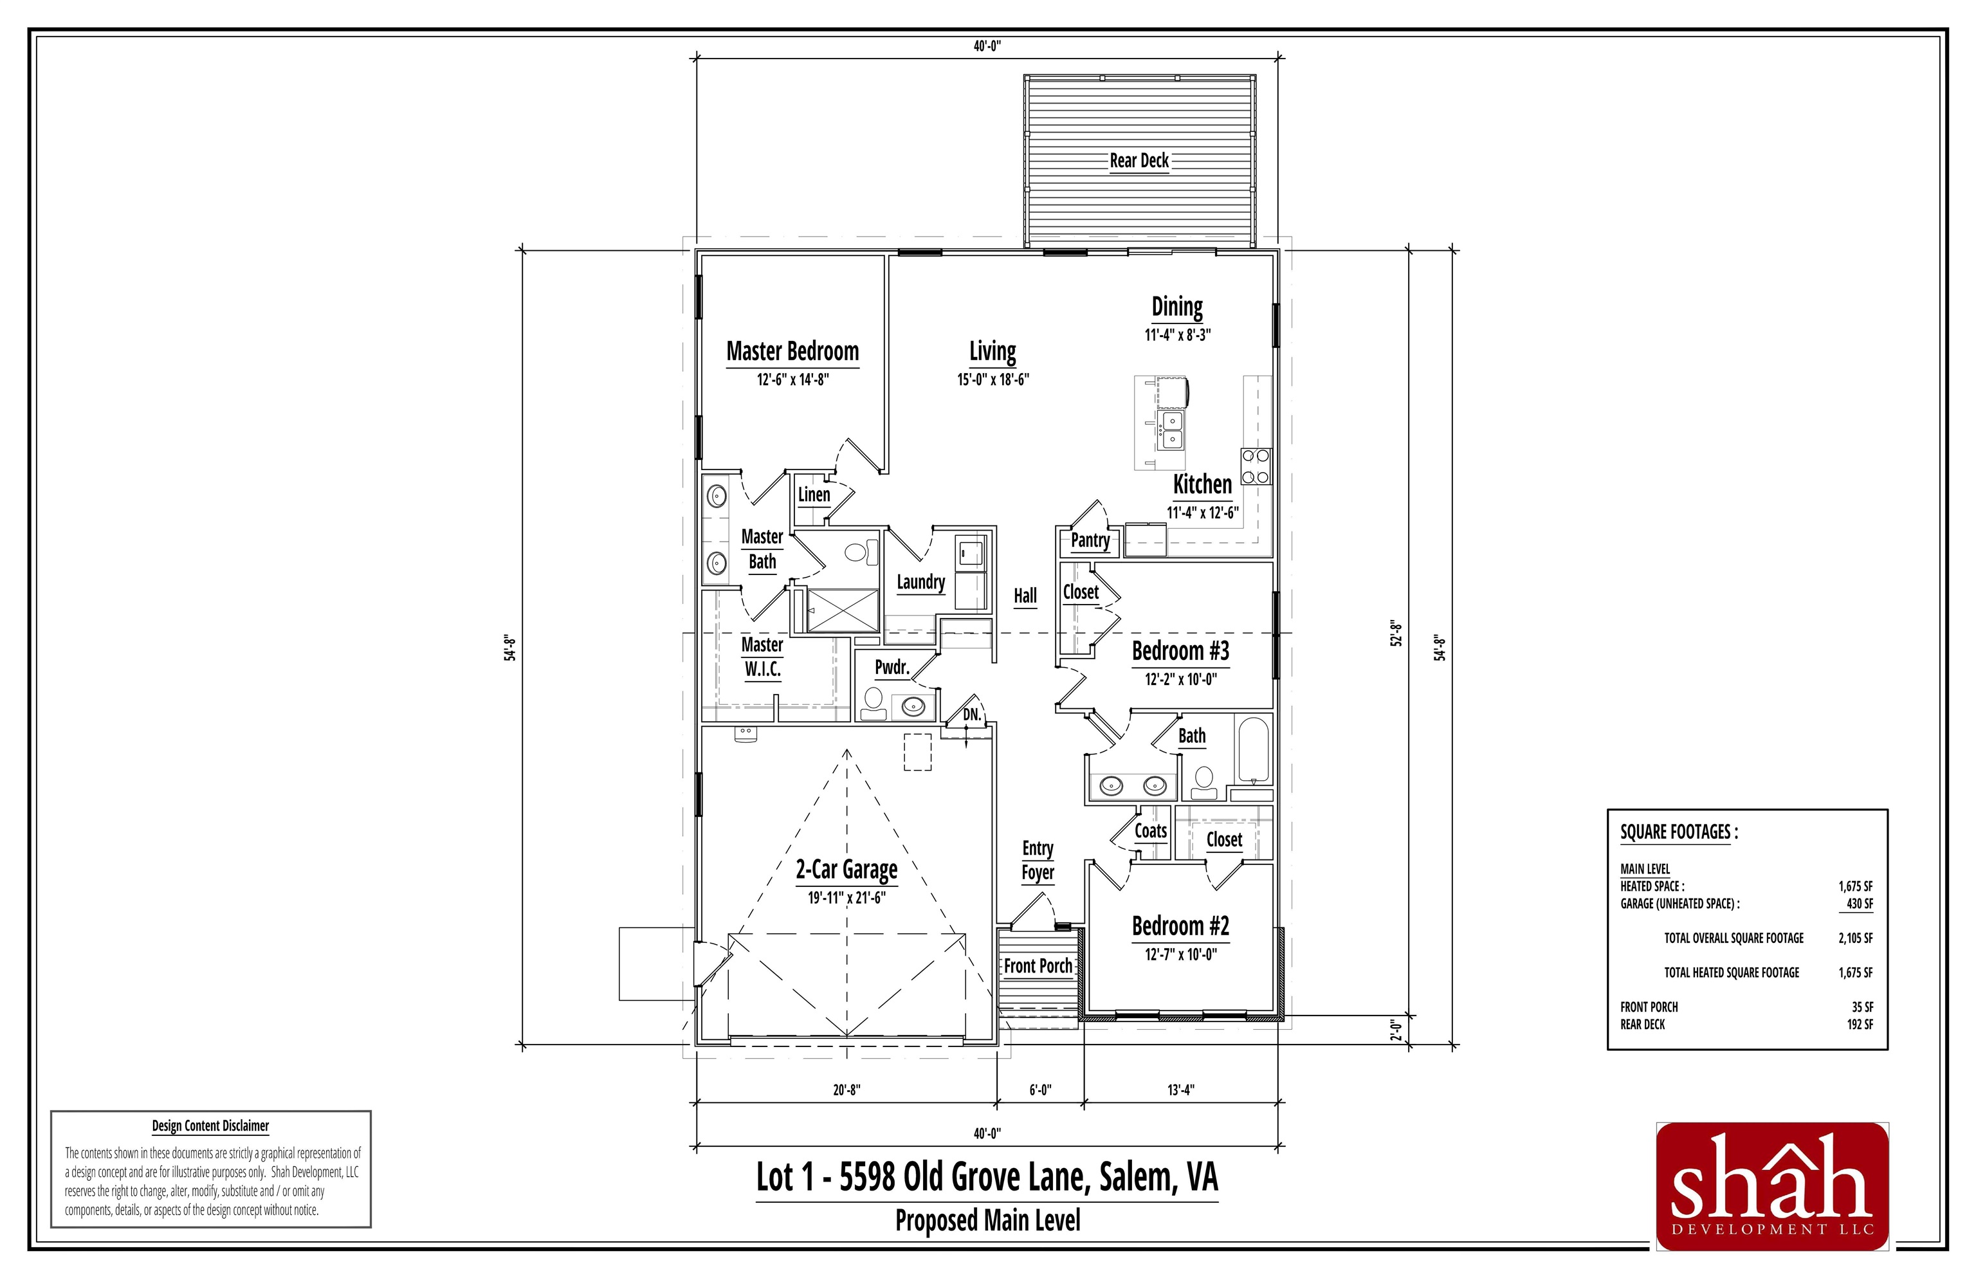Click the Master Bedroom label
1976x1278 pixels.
click(x=792, y=352)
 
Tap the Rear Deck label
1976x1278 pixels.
click(x=1139, y=161)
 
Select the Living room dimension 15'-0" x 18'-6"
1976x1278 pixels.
click(x=993, y=380)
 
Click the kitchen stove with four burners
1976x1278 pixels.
click(x=1255, y=466)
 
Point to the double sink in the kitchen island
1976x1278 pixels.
click(x=1172, y=429)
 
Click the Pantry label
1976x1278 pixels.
click(x=1090, y=540)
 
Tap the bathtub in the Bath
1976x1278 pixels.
click(x=1252, y=750)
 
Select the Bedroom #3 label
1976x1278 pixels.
click(x=1180, y=652)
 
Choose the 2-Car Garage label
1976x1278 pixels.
click(x=846, y=870)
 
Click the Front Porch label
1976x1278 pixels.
click(x=1038, y=966)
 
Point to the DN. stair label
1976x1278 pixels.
click(x=972, y=715)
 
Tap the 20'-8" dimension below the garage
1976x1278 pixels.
click(x=846, y=1090)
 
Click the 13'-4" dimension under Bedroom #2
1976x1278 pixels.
click(x=1180, y=1090)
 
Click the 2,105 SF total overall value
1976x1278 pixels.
click(x=1855, y=938)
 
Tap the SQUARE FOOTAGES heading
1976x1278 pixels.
click(x=1678, y=832)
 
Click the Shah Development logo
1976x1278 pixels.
click(x=1772, y=1187)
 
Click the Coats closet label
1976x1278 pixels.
click(x=1150, y=832)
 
